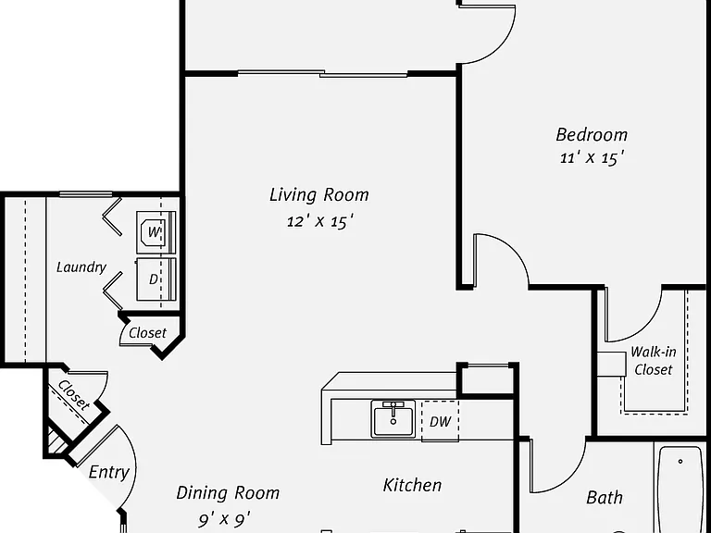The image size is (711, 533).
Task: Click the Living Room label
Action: click(x=319, y=195)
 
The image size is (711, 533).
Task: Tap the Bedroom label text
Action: click(x=592, y=134)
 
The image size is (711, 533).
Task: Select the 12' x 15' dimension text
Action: click(x=319, y=222)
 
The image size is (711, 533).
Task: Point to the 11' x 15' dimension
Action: click(x=592, y=157)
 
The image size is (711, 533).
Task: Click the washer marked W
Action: click(x=156, y=232)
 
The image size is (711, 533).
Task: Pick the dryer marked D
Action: click(x=156, y=279)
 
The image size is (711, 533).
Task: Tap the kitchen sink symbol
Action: click(x=393, y=419)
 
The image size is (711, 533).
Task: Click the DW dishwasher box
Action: click(x=440, y=421)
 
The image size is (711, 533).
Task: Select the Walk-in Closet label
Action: click(x=653, y=361)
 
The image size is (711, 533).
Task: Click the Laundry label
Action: click(x=81, y=266)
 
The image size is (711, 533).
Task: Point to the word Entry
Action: click(x=109, y=472)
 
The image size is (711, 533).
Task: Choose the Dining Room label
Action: click(x=228, y=492)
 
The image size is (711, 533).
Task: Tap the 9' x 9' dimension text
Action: click(x=224, y=519)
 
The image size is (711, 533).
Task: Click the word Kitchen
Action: click(x=412, y=486)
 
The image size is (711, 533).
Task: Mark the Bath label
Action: click(x=605, y=498)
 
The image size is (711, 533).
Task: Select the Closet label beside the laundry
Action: click(x=148, y=333)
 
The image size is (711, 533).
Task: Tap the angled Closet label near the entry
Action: click(x=74, y=395)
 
